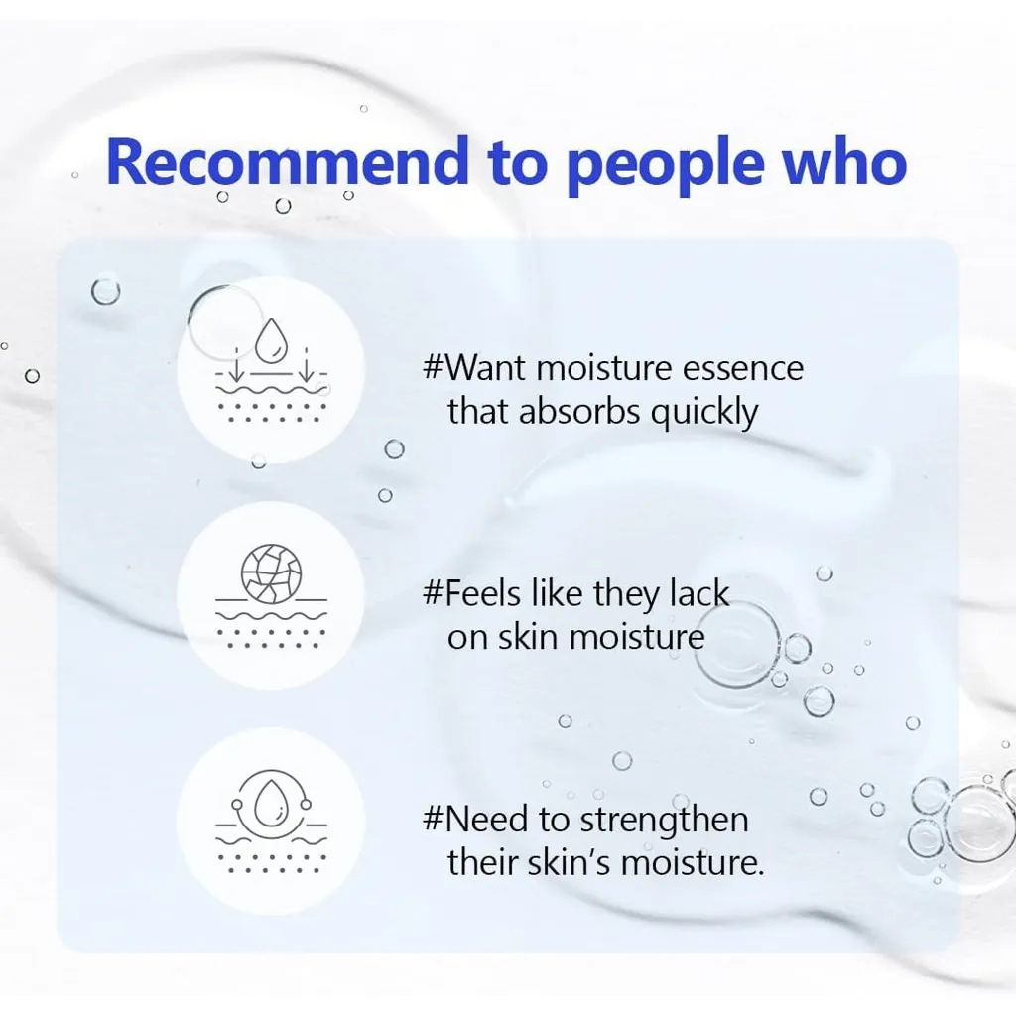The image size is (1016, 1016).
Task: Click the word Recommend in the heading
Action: click(287, 162)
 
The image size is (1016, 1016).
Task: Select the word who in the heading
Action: click(845, 162)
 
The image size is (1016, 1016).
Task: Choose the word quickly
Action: click(704, 414)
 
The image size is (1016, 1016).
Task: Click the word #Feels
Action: click(471, 593)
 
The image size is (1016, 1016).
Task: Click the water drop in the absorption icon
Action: click(272, 341)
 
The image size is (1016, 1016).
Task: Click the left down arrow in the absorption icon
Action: click(238, 365)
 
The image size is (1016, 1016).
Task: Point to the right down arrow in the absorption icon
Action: click(306, 365)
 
